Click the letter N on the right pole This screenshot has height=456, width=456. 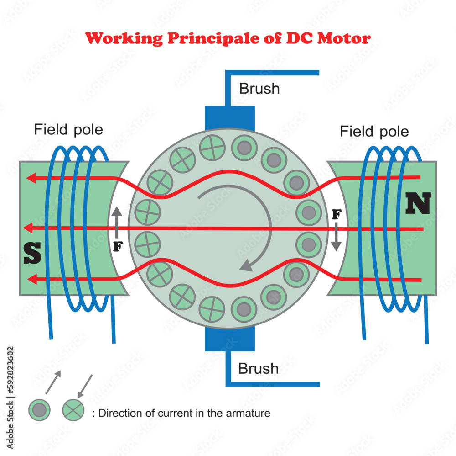(418, 204)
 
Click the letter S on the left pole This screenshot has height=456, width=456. (32, 253)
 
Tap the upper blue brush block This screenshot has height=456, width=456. (229, 118)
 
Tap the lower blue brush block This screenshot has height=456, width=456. (229, 339)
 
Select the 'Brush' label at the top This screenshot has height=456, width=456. (259, 88)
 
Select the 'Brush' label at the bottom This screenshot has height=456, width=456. (258, 368)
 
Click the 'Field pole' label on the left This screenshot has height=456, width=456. (68, 130)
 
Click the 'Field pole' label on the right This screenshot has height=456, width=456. (374, 132)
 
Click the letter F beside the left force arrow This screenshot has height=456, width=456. (118, 247)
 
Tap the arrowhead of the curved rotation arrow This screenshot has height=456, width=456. (247, 265)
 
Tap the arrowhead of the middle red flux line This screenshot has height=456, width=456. (28, 227)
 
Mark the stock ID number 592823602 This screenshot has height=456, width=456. (11, 370)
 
